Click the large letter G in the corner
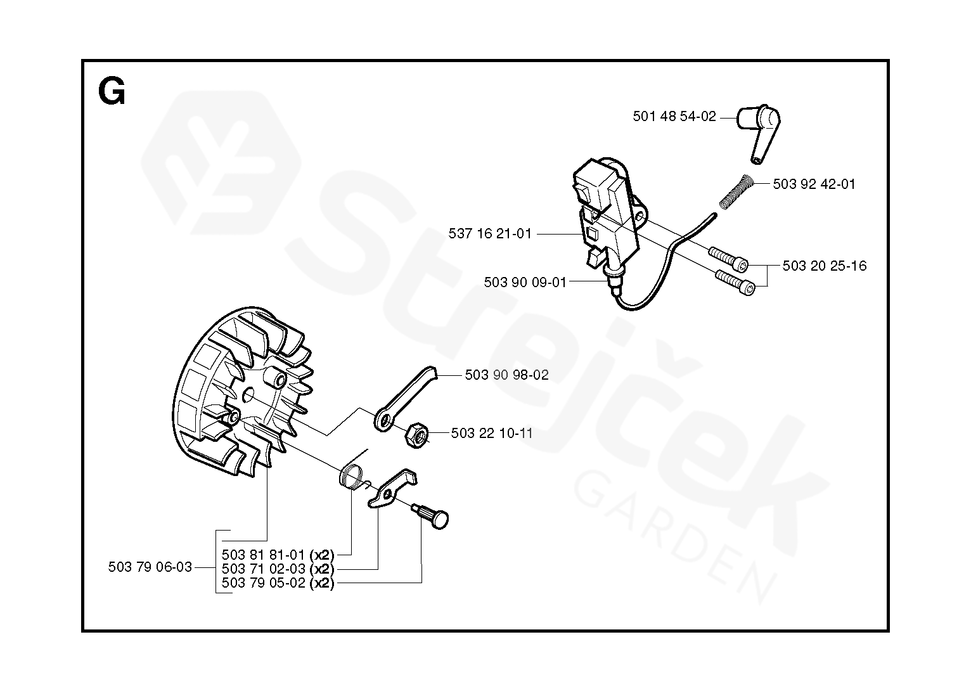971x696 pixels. tap(112, 93)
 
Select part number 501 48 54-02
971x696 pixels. tap(674, 117)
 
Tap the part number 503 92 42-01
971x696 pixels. tap(814, 184)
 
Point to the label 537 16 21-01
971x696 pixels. tap(490, 234)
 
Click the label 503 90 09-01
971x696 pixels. tap(525, 282)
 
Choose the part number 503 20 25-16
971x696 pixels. tap(824, 266)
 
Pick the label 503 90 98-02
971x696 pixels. tap(506, 375)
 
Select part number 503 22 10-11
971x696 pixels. tap(492, 434)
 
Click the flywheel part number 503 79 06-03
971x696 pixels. tap(150, 567)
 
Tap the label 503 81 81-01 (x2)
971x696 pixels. tap(278, 554)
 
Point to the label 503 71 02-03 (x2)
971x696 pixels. tap(278, 569)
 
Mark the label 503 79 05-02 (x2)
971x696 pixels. tap(278, 583)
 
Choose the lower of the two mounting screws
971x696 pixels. tap(735, 282)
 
